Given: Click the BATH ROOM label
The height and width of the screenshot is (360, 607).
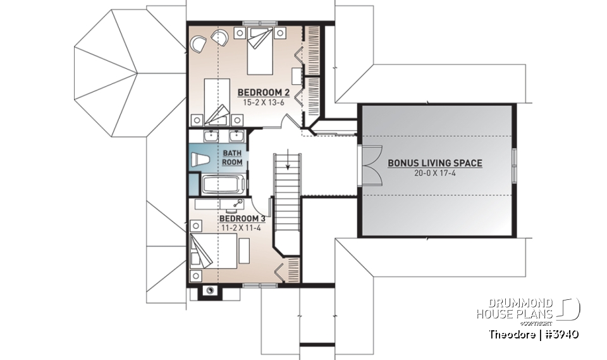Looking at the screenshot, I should point(231,158).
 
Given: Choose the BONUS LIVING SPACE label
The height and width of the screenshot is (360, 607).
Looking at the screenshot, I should point(434,163).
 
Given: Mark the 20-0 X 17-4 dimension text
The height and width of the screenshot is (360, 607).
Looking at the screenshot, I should point(434,172).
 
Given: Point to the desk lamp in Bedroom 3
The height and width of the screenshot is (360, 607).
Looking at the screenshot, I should point(238,202).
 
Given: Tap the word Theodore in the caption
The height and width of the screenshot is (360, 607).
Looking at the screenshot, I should point(510,333).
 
